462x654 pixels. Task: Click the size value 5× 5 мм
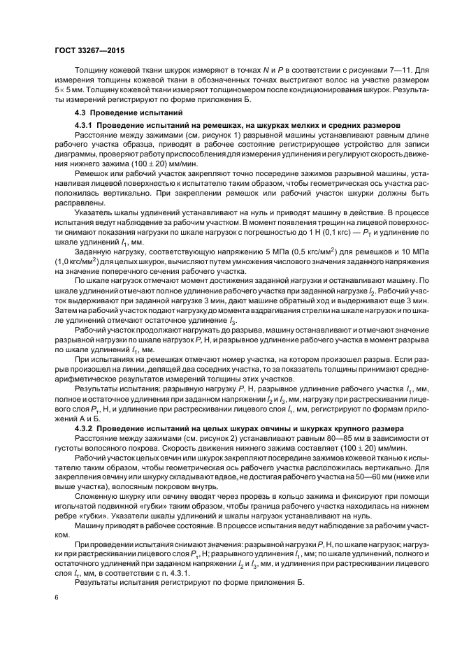69,91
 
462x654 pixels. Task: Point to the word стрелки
321,308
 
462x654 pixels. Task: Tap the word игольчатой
78,508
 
